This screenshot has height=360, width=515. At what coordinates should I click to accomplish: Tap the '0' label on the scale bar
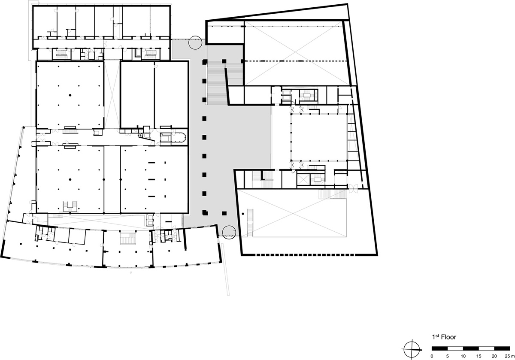pyautogui.click(x=432, y=356)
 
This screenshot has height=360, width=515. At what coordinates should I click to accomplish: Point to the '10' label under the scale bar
pyautogui.click(x=463, y=356)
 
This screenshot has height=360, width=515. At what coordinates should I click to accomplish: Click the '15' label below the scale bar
pyautogui.click(x=479, y=356)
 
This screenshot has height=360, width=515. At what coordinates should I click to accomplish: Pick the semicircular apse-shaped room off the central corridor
pyautogui.click(x=179, y=137)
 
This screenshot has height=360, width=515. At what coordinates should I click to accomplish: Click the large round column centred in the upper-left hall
pyautogui.click(x=70, y=95)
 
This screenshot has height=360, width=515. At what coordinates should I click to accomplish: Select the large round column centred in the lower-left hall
pyautogui.click(x=70, y=179)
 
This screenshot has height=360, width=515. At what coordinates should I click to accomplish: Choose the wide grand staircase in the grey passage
pyautogui.click(x=217, y=83)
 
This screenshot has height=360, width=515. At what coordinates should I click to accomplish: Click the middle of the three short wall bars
pyautogui.click(x=151, y=179)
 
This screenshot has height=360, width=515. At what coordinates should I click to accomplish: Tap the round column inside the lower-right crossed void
pyautogui.click(x=243, y=214)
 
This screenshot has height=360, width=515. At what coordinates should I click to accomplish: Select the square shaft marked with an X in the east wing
pyautogui.click(x=303, y=179)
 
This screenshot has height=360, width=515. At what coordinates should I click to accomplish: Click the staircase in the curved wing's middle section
pyautogui.click(x=128, y=239)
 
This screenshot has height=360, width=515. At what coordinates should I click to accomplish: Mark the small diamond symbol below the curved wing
pyautogui.click(x=131, y=272)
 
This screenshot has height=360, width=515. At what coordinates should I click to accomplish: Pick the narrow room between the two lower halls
pyautogui.click(x=112, y=179)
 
